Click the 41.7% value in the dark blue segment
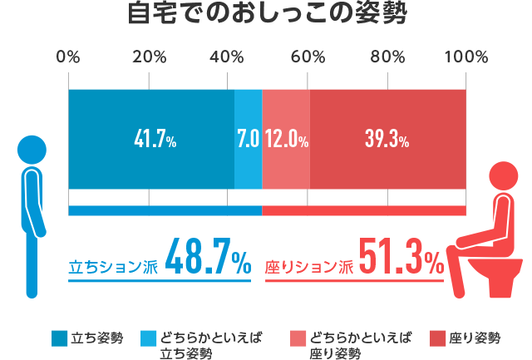155,140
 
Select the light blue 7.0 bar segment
248,140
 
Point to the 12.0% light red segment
286,140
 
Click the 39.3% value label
387,140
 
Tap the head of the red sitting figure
505,176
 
